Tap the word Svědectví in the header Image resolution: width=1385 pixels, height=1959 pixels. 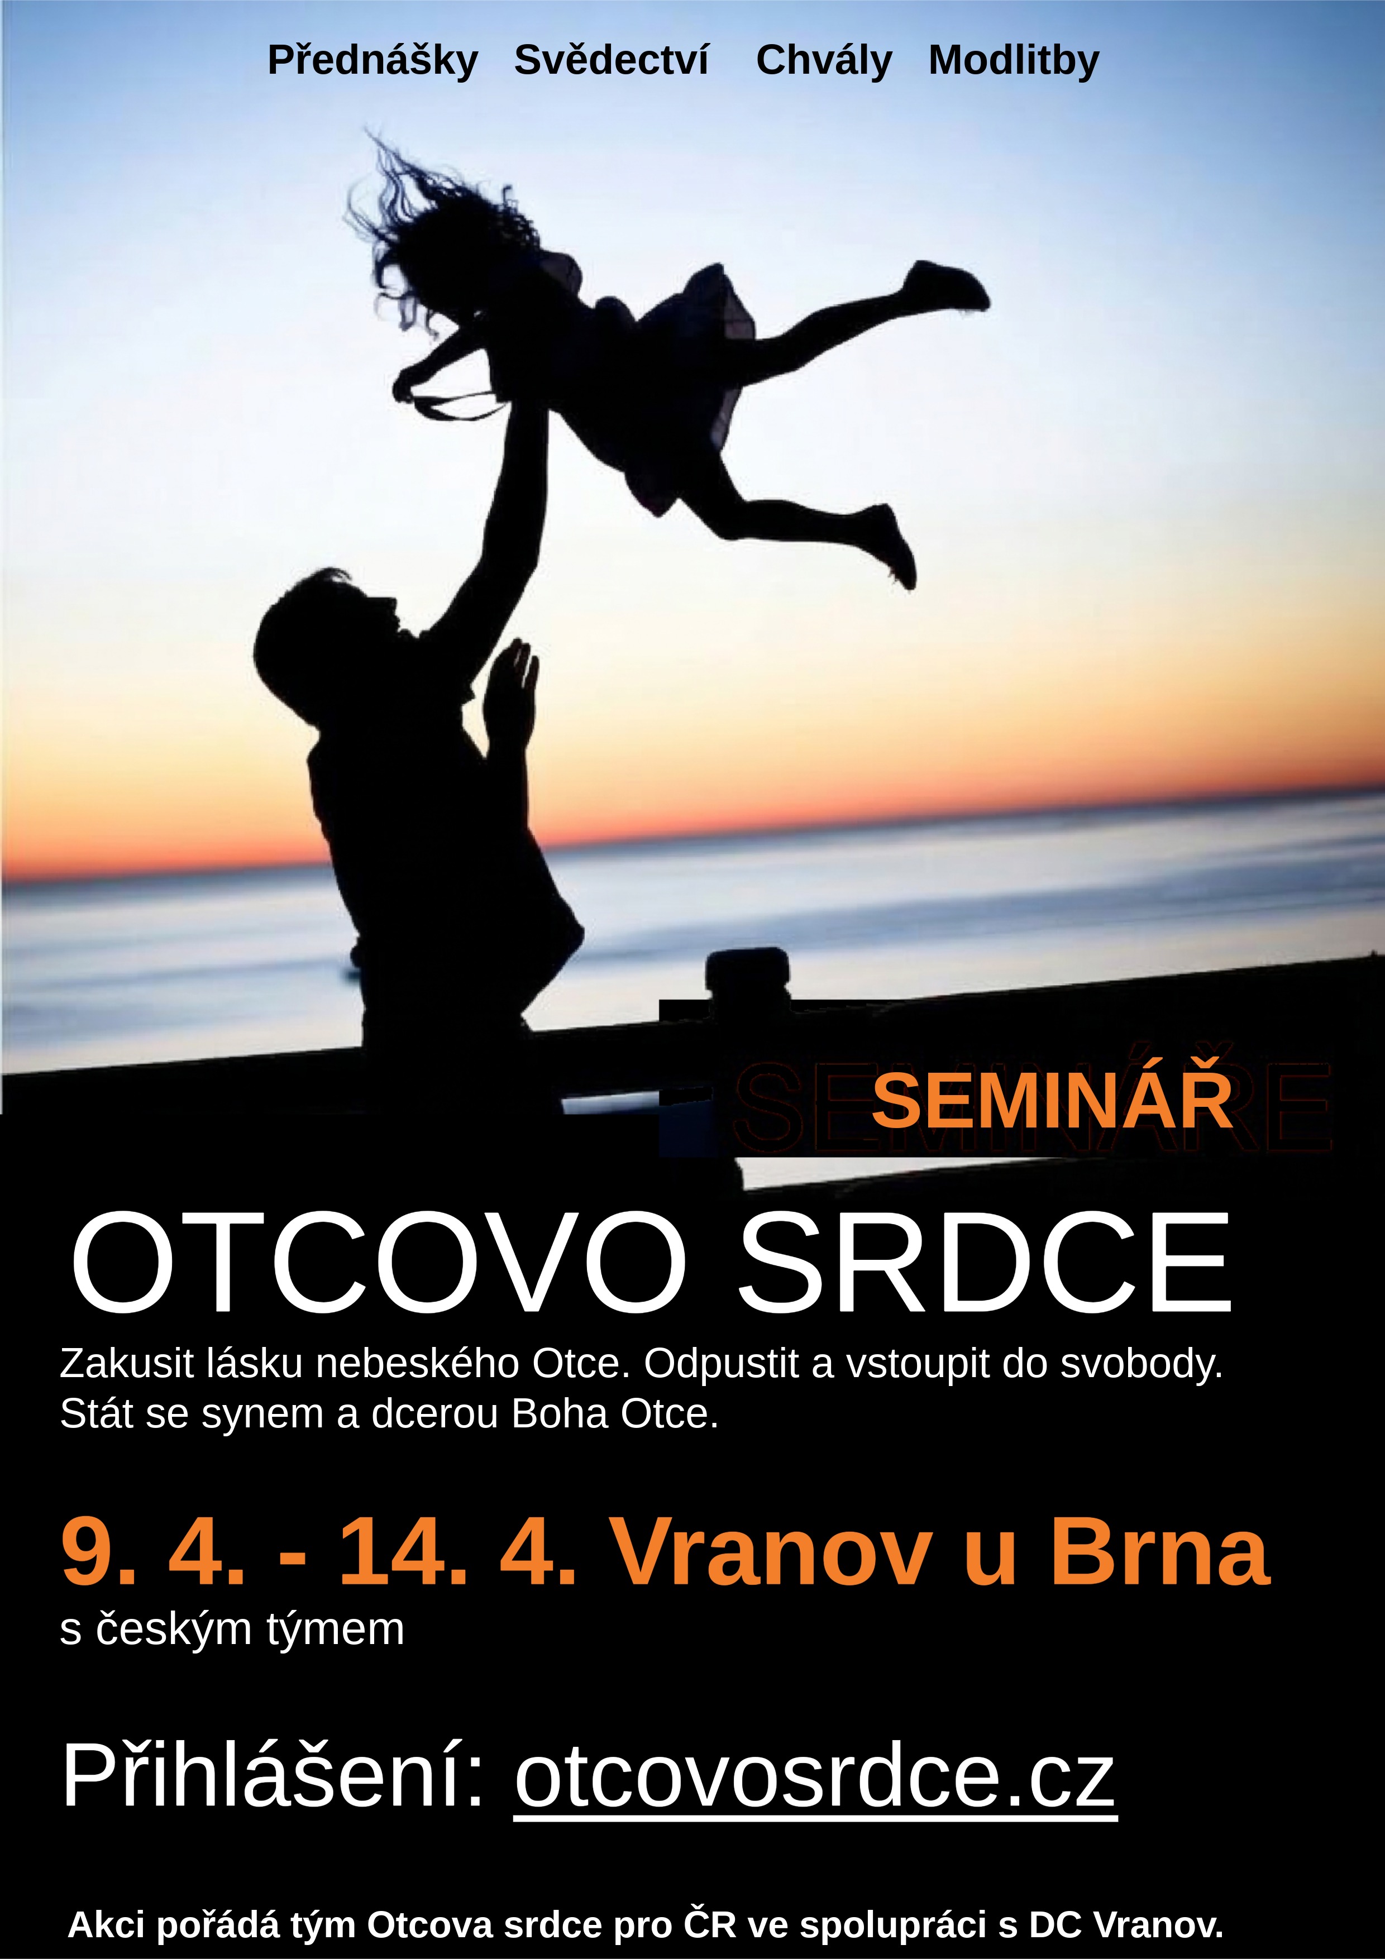pyautogui.click(x=611, y=60)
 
